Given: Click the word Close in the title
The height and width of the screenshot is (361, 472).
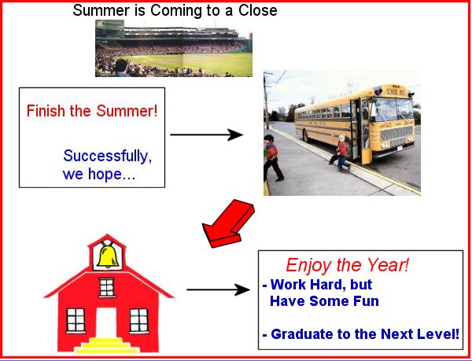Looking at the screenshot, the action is pos(258,10).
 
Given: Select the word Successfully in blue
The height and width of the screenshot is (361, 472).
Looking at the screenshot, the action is pos(108,157).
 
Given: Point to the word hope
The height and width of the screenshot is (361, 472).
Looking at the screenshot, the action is pos(105,174).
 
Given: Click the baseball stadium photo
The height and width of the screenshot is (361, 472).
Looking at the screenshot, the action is pos(174,48).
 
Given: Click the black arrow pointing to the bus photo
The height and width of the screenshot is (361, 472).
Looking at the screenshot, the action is pos(206,134).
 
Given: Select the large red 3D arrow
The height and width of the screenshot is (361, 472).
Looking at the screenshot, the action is pos(228,223).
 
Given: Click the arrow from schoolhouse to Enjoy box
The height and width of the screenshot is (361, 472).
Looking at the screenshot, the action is pos(218,289).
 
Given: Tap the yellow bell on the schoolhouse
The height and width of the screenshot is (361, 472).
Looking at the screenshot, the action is pos(108,256).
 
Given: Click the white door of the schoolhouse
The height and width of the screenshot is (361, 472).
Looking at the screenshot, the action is pos(106,322).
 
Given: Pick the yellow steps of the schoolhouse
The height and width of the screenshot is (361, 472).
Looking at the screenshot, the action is pos(106,345).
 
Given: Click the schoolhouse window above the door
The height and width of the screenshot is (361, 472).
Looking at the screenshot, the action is pos(106,287).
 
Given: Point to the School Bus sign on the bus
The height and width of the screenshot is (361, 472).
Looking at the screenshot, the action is pos(396,92).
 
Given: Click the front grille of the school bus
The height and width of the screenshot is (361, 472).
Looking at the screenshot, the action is pos(396,134).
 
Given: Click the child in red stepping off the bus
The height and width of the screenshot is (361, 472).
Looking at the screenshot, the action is pos(341,153).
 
